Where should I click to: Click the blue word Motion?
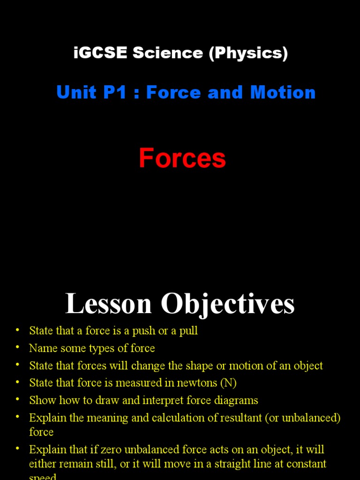click(x=283, y=92)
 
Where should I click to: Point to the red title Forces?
click(x=182, y=158)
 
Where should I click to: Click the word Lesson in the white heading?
click(x=109, y=304)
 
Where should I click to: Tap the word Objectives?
click(x=228, y=304)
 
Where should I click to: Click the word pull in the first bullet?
click(x=189, y=330)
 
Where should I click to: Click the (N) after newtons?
click(x=228, y=383)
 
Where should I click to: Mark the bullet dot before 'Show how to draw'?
click(x=17, y=399)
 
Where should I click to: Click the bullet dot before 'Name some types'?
click(x=17, y=347)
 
